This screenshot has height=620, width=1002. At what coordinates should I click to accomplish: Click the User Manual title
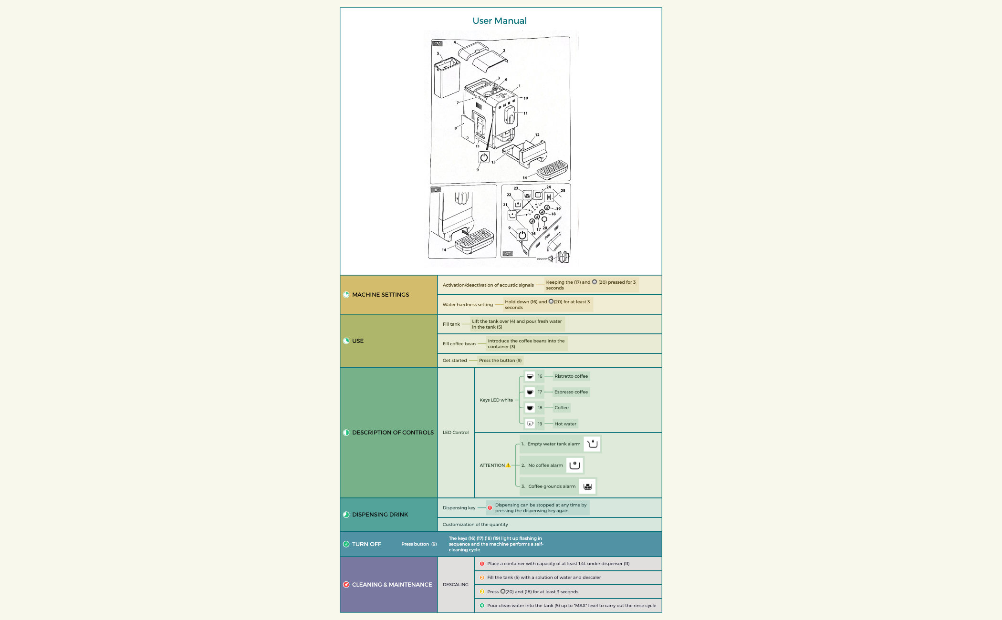500,21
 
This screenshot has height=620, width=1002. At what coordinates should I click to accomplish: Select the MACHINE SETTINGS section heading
380,295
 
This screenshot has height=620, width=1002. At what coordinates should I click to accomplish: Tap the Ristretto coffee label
571,376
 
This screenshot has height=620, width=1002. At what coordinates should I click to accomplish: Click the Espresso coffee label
571,392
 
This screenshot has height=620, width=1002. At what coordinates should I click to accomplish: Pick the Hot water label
565,424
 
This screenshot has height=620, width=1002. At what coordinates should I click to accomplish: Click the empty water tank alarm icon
592,444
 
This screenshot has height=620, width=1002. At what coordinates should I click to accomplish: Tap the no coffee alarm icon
574,465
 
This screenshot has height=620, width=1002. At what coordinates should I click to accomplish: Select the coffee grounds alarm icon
587,486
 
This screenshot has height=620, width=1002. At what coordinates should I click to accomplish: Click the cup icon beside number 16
530,376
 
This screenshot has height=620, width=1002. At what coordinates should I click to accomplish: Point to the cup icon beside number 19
530,424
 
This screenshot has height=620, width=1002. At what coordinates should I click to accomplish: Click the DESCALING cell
455,585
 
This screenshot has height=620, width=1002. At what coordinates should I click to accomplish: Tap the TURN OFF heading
366,544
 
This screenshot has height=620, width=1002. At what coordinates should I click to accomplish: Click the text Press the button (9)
500,361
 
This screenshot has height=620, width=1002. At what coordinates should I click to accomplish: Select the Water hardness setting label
468,305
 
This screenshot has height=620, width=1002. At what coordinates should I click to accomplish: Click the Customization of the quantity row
475,525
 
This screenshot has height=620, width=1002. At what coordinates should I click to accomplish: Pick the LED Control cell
455,433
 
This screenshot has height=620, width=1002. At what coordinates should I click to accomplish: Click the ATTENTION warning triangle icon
508,465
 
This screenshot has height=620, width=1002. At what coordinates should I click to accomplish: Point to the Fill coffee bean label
459,344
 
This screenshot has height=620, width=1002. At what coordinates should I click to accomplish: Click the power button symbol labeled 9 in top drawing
484,157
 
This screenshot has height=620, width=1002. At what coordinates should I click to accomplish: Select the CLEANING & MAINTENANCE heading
392,585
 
